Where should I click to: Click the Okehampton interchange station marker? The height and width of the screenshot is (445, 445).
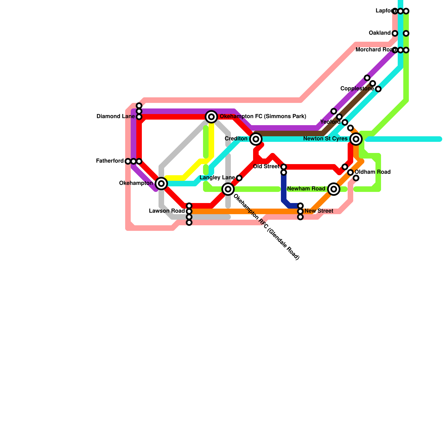point(161,184)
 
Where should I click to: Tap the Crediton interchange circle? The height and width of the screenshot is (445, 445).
point(256,139)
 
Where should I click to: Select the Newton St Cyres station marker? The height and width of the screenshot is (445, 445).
point(356,139)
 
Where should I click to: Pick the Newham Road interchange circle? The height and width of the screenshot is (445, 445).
point(334,189)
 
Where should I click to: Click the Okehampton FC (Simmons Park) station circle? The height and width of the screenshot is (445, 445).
point(211,117)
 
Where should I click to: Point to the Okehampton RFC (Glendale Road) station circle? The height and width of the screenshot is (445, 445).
point(228,189)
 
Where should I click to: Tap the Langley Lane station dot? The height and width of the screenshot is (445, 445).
point(239,178)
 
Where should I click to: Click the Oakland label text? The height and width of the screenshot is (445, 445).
point(380,33)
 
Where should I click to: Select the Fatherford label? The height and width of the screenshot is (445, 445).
point(110,161)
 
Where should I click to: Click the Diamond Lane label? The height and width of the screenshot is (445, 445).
point(115,117)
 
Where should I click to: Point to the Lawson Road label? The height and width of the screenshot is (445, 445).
point(167,211)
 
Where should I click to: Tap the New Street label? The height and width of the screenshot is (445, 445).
point(319,211)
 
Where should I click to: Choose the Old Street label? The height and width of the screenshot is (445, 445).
point(266,167)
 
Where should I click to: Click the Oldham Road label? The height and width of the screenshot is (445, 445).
point(373,172)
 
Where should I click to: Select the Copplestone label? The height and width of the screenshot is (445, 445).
point(357,89)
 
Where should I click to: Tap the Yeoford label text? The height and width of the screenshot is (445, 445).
point(330,122)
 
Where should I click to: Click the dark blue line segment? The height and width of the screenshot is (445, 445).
point(284,189)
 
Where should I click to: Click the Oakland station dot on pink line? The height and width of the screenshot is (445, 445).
point(395,33)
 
